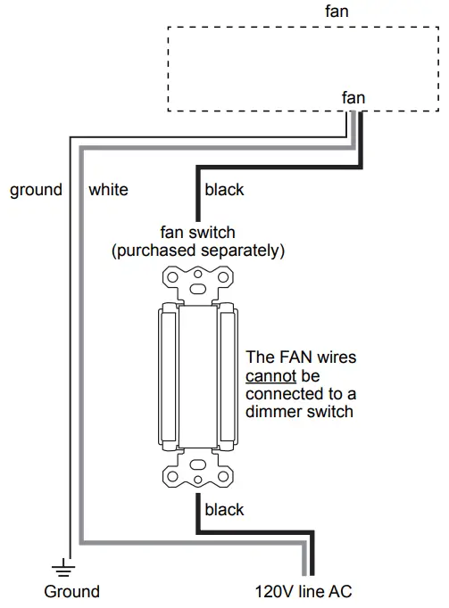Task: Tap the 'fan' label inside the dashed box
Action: click(x=353, y=98)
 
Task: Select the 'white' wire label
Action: click(x=108, y=189)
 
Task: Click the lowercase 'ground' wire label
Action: click(x=36, y=189)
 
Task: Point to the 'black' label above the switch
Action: click(x=224, y=189)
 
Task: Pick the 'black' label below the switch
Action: click(x=224, y=510)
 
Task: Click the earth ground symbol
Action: click(x=62, y=564)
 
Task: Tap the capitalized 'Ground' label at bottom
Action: click(x=72, y=591)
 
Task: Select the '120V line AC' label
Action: click(x=310, y=591)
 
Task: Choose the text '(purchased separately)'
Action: click(x=197, y=251)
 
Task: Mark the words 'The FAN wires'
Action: click(x=301, y=357)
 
